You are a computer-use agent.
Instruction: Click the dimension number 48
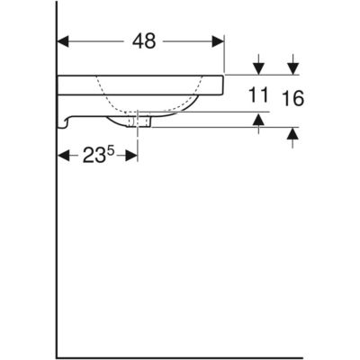(144, 41)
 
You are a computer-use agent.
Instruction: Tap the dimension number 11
(258, 94)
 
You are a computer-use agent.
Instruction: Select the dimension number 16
(292, 98)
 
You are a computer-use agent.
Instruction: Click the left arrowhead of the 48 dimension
(63, 41)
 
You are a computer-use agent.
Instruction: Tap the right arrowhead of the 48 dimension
(218, 41)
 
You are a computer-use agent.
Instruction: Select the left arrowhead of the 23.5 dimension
(63, 156)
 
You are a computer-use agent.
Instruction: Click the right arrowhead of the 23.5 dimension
(131, 156)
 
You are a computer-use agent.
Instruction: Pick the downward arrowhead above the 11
(258, 69)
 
